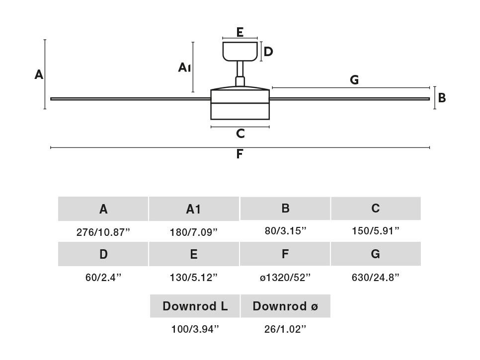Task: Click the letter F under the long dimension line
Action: pyautogui.click(x=240, y=154)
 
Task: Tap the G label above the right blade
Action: pyautogui.click(x=354, y=80)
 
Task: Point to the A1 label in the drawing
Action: pyautogui.click(x=184, y=68)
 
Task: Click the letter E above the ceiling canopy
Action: pyautogui.click(x=240, y=32)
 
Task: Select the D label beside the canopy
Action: pyautogui.click(x=268, y=52)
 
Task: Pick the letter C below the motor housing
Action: pyautogui.click(x=240, y=134)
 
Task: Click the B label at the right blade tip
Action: pyautogui.click(x=442, y=98)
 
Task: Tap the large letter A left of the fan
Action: pyautogui.click(x=39, y=74)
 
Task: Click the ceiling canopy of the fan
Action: pyautogui.click(x=240, y=51)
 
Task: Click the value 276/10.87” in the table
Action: pyautogui.click(x=103, y=232)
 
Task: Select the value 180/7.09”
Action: pyautogui.click(x=193, y=232)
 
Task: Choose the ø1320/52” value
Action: pyautogui.click(x=285, y=278)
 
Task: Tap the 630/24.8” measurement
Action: pyautogui.click(x=375, y=278)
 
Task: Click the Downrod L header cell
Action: pyautogui.click(x=195, y=306)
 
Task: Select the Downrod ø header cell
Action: pyautogui.click(x=285, y=306)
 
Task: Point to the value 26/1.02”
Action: pyautogui.click(x=285, y=329)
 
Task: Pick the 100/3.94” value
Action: pyautogui.click(x=195, y=329)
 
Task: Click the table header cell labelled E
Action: pyautogui.click(x=194, y=254)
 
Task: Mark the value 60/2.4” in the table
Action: pyautogui.click(x=103, y=278)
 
